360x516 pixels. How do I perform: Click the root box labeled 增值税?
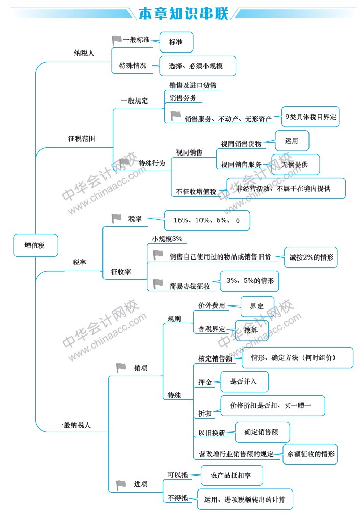coord(36,245)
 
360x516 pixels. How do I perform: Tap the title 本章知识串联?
coord(183,13)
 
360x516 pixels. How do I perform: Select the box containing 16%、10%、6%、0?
coord(207,220)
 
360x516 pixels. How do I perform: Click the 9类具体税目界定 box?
coord(311,116)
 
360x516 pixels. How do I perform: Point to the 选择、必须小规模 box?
coord(197,66)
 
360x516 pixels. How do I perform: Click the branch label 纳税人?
coord(84,53)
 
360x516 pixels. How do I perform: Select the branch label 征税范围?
coord(82,139)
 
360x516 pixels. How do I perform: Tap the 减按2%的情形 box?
coord(311,257)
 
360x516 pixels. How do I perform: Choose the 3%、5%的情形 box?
coord(249,281)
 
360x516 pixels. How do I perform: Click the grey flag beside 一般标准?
coord(116,40)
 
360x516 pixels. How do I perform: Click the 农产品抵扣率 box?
coord(232,475)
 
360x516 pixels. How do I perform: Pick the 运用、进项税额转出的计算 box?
coord(245,499)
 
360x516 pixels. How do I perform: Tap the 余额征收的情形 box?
coord(310,454)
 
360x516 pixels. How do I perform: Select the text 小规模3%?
coord(167,239)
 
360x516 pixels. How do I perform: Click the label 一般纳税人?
coord(73,425)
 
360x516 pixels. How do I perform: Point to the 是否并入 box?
coord(244,381)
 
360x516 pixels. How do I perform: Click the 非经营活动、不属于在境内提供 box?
coord(286,188)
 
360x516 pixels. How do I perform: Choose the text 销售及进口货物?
coord(193,85)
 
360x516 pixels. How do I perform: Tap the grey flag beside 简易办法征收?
coord(158,283)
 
